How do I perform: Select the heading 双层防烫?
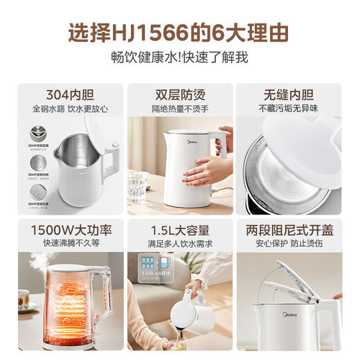pos(179,94)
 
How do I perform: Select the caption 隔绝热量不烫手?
pos(179,109)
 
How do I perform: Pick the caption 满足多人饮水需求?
pos(179,244)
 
